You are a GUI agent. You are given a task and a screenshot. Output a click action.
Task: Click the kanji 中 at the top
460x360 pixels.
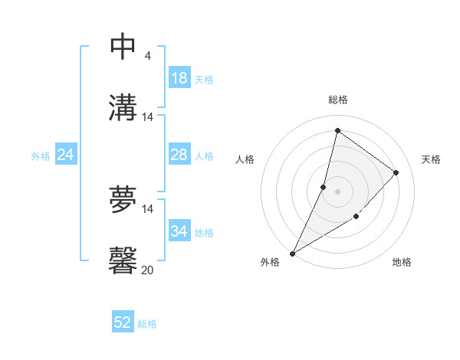123,47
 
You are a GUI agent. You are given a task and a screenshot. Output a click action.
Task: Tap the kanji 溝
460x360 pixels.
123,106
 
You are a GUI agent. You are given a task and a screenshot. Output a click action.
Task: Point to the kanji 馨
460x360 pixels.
123,260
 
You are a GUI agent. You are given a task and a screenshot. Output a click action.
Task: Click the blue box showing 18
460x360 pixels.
179,78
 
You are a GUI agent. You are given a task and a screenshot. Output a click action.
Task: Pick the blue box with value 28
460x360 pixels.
179,155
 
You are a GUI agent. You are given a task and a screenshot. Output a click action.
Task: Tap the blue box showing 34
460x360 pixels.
179,231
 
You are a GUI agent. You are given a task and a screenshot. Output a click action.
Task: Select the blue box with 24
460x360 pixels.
66,155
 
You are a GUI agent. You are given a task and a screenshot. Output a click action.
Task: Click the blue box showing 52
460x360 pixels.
123,322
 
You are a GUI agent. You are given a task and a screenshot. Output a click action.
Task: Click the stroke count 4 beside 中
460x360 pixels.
148,56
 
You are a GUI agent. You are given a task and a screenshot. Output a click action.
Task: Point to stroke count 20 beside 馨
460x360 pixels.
148,270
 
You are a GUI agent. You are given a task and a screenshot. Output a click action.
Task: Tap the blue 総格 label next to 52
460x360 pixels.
147,324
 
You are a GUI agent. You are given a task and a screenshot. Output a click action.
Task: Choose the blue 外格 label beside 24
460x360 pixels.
41,156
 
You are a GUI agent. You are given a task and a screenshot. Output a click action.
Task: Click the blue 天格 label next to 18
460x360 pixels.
204,80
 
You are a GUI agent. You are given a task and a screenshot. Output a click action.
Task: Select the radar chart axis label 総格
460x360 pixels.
337,100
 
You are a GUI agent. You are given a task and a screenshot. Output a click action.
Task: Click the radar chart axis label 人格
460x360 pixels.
245,159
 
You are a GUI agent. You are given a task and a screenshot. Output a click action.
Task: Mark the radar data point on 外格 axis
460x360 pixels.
293,253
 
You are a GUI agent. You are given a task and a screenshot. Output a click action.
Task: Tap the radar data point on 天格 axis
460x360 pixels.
396,172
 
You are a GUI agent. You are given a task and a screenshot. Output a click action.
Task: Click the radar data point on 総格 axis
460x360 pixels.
337,131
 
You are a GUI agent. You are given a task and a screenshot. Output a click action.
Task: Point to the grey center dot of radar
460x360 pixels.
337,191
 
